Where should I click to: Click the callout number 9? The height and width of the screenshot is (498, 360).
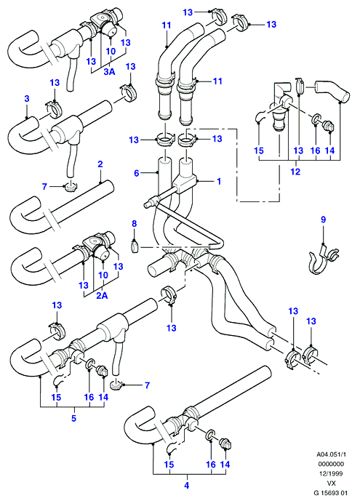[323, 220]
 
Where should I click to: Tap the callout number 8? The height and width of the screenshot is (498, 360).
[135, 224]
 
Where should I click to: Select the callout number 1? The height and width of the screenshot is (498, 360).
[219, 181]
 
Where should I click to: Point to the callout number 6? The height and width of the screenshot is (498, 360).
[137, 173]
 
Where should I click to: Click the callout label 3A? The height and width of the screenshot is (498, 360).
[109, 72]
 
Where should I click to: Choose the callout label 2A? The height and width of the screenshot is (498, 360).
[103, 296]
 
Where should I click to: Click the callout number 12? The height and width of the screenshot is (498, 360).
[295, 172]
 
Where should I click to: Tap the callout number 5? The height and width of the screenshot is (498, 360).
[73, 418]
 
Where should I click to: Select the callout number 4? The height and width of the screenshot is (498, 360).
[187, 486]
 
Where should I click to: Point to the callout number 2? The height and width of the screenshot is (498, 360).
[100, 164]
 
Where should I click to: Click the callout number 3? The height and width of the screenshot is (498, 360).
[27, 98]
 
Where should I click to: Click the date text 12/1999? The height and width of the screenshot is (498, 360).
[331, 473]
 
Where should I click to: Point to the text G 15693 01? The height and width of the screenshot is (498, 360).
[331, 493]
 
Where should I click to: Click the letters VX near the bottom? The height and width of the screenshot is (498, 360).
[331, 483]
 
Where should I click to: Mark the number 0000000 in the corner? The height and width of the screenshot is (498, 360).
[331, 464]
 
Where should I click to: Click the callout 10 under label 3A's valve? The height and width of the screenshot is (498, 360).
[111, 52]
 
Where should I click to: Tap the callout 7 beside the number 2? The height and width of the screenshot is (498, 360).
[44, 186]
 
